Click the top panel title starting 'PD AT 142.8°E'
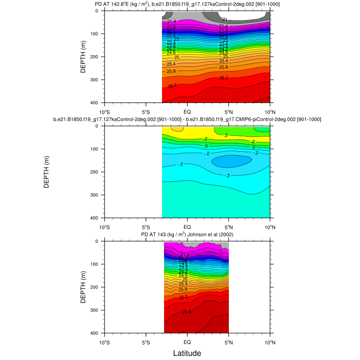pyautogui.click(x=187, y=5)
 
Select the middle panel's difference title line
pyautogui.click(x=187, y=120)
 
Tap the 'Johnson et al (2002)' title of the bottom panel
pyautogui.click(x=187, y=235)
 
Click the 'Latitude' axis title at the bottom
pyautogui.click(x=187, y=353)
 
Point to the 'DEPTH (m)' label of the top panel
pyautogui.click(x=83, y=57)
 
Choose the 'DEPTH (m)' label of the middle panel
pyautogui.click(x=46, y=172)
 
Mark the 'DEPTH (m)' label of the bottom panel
pyautogui.click(x=83, y=287)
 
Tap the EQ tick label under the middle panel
pyautogui.click(x=187, y=226)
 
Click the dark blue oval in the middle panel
pyautogui.click(x=231, y=161)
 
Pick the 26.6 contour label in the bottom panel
pyautogui.click(x=187, y=312)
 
